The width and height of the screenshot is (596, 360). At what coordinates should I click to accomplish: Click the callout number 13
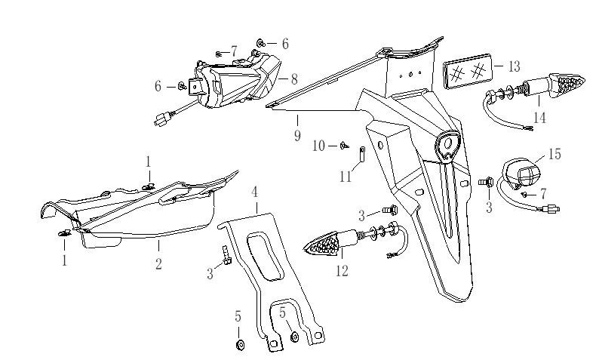[x=514, y=67]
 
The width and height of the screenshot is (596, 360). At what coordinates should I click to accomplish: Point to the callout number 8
[x=293, y=77]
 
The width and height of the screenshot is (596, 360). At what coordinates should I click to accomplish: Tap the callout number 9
[x=297, y=136]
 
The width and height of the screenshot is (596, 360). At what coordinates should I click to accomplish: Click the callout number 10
[x=318, y=145]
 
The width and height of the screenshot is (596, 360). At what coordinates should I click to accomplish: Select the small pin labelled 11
[x=362, y=157]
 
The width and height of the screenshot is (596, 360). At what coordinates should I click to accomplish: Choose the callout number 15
[x=555, y=154]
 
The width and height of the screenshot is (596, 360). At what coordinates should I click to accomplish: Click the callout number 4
[x=255, y=192]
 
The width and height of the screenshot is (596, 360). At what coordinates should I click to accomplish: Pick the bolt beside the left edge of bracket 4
[x=224, y=258]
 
